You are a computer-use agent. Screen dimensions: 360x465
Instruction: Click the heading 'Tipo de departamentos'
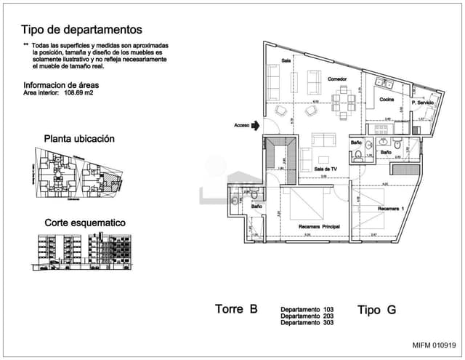click(x=81, y=30)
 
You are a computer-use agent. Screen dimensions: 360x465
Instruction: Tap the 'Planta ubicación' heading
click(x=79, y=138)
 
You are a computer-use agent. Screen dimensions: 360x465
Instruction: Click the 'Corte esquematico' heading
click(x=85, y=223)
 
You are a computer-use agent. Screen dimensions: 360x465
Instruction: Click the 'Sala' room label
click(x=286, y=61)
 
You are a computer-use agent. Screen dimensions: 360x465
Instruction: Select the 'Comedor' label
click(x=336, y=79)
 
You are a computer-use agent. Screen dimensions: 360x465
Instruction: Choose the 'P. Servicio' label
click(x=422, y=103)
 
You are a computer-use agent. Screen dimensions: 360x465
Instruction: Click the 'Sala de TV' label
click(x=326, y=169)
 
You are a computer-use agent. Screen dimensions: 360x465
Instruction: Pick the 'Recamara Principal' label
click(x=320, y=227)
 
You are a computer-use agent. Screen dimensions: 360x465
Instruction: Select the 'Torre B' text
click(x=236, y=308)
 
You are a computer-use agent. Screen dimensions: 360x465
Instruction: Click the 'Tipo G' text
click(x=376, y=310)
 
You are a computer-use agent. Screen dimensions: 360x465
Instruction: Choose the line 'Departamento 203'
click(x=307, y=316)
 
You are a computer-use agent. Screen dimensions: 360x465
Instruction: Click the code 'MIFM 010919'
click(x=434, y=345)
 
